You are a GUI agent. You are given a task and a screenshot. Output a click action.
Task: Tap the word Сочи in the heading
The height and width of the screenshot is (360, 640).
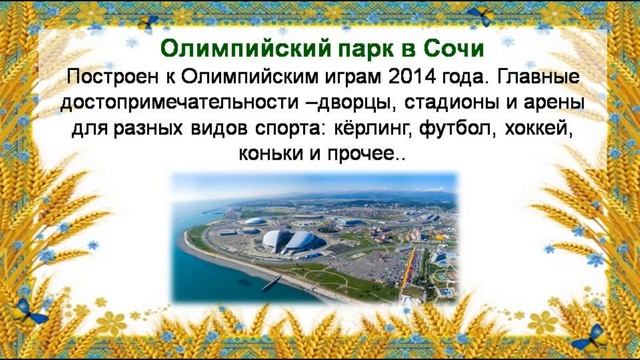(x=455, y=49)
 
